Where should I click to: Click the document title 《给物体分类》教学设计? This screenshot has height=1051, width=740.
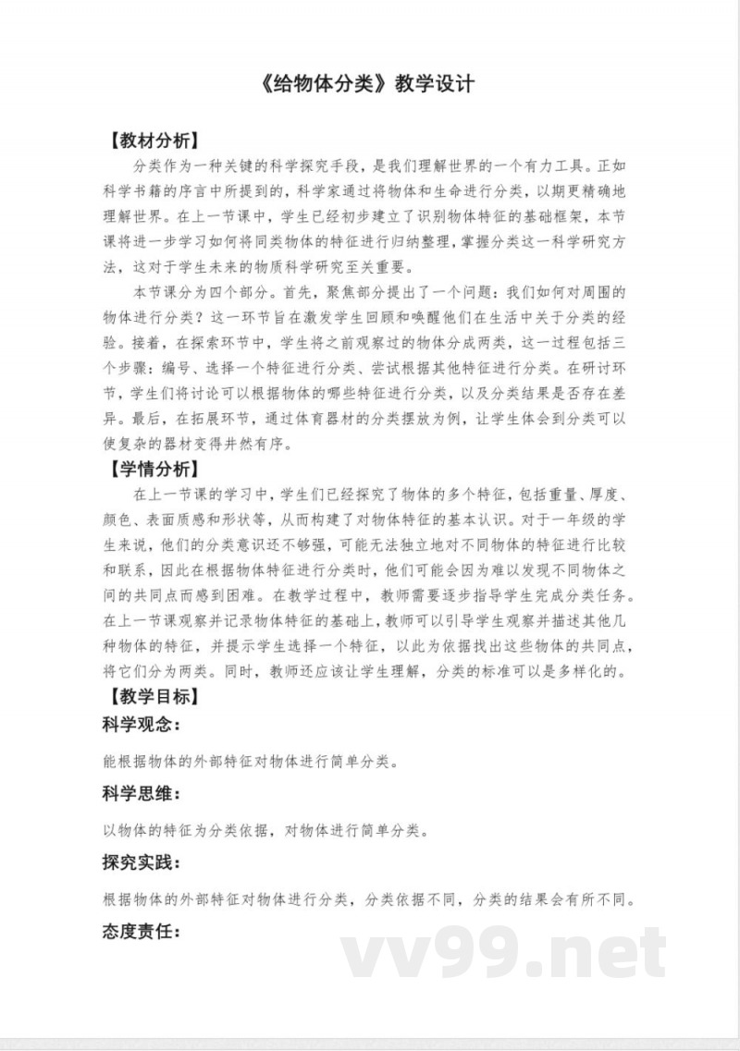tap(369, 84)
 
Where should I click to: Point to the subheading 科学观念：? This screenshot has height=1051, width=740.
tap(141, 724)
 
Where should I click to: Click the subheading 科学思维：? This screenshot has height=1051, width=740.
tap(141, 793)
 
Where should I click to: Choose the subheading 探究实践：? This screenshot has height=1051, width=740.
tap(141, 862)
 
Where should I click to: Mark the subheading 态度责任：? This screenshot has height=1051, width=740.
tap(141, 932)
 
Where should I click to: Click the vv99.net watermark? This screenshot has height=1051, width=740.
tap(504, 953)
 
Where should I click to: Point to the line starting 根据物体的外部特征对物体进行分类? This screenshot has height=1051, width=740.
tap(370, 899)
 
